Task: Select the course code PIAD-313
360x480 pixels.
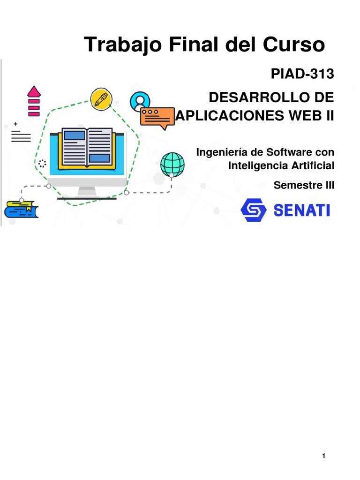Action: [302, 74]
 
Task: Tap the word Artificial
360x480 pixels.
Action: [313, 165]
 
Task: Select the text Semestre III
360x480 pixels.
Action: [304, 185]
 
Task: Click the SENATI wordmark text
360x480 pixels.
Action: [301, 210]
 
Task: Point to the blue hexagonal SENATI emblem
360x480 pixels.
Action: [254, 210]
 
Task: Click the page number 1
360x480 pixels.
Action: [324, 457]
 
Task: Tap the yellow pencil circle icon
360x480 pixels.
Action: [101, 98]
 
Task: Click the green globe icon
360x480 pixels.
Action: [172, 164]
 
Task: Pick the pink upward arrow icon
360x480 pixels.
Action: [34, 101]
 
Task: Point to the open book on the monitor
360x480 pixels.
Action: [87, 148]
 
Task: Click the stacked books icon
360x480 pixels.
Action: [21, 209]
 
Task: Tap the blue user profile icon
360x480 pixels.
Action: [140, 101]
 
